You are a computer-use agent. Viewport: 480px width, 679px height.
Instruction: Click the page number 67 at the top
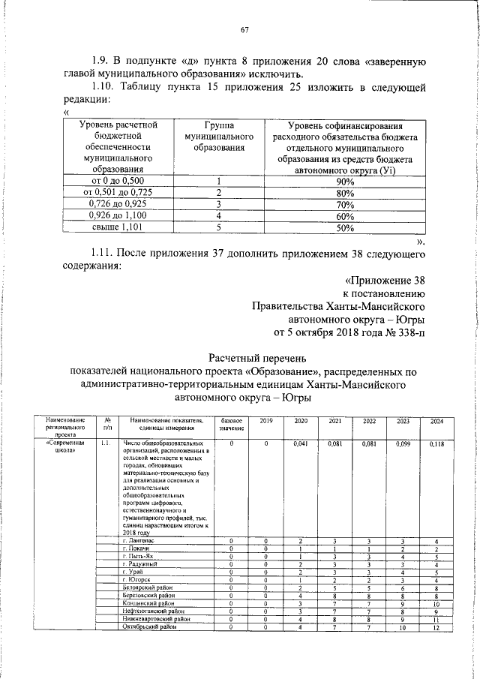(x=244, y=30)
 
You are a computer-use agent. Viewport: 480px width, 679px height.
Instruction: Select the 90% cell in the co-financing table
(x=345, y=182)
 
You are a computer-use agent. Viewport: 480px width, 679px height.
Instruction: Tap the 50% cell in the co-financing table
(x=345, y=228)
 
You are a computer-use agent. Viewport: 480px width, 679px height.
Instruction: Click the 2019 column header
(x=267, y=421)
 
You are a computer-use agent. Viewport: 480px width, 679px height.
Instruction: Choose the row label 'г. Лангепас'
(x=140, y=540)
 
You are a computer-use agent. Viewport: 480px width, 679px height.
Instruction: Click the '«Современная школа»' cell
(x=65, y=448)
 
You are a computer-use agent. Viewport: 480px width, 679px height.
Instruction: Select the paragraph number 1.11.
(x=103, y=251)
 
